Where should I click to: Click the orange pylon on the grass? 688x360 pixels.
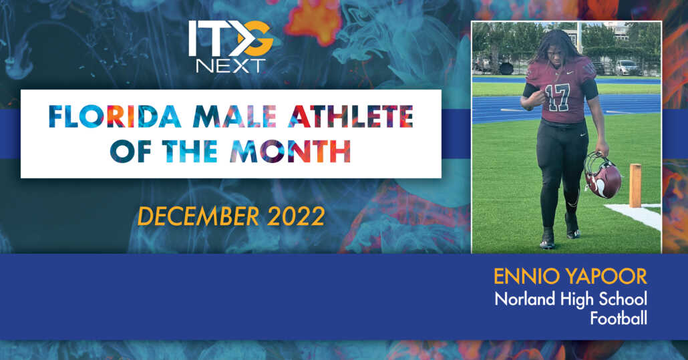click(635, 185)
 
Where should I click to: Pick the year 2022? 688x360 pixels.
click(295, 216)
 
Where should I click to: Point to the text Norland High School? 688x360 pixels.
click(570, 299)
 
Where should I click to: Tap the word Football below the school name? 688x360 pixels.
click(619, 319)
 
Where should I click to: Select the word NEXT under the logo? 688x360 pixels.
click(230, 65)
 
